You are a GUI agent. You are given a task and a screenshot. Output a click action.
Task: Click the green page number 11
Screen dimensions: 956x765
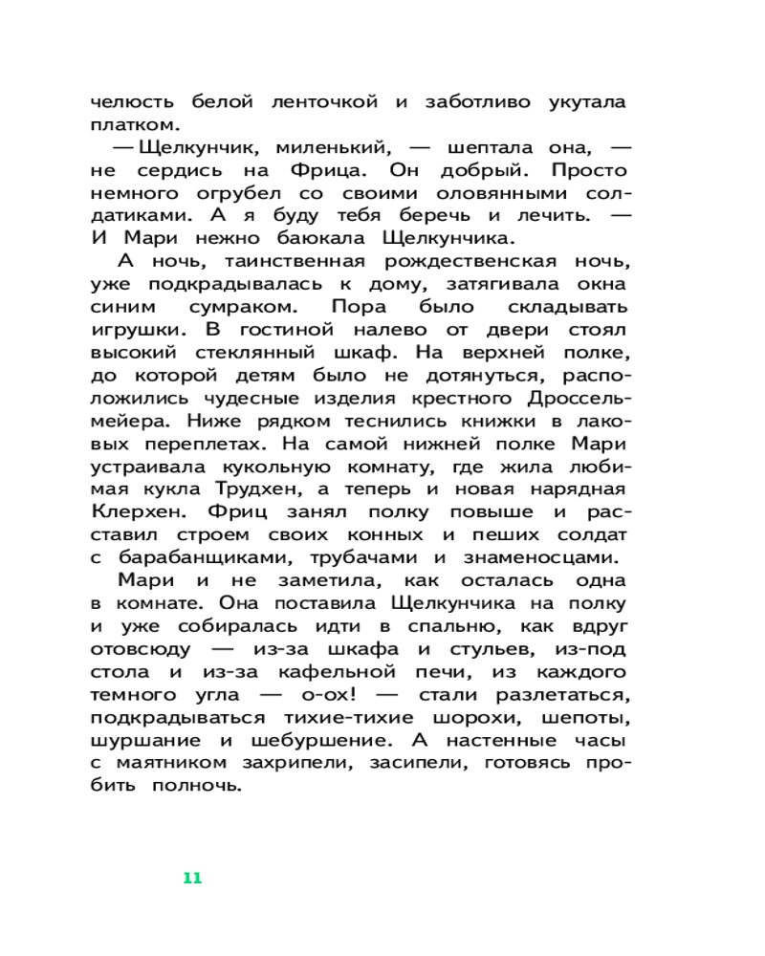coord(192,878)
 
